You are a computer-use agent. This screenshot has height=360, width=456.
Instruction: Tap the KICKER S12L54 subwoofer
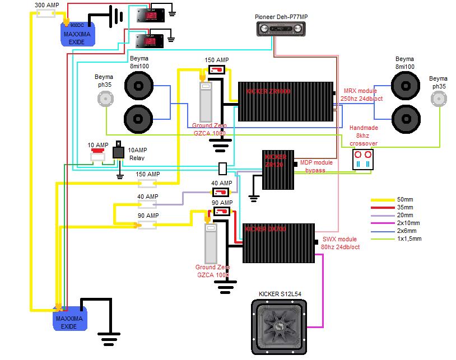pos(278,327)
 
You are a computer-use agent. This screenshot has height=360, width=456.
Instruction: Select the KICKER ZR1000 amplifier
pos(286,101)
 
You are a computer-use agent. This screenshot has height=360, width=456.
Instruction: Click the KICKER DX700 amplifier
pos(278,243)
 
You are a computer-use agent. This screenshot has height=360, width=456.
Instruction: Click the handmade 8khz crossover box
pos(362,160)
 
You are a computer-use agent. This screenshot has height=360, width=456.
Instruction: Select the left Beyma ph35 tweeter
pos(104,99)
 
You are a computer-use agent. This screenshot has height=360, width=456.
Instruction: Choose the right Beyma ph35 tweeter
pos(439,99)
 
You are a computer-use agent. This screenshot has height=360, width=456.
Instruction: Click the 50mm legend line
pos(383,199)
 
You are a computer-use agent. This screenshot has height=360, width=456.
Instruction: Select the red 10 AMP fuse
pos(98,151)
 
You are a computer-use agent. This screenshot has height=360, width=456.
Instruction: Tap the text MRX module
pos(360,91)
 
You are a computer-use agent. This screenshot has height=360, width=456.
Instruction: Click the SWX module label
pos(338,239)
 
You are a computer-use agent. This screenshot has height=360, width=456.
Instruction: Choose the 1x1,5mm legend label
pos(410,239)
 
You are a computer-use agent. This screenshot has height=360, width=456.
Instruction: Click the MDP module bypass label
pos(317,166)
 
